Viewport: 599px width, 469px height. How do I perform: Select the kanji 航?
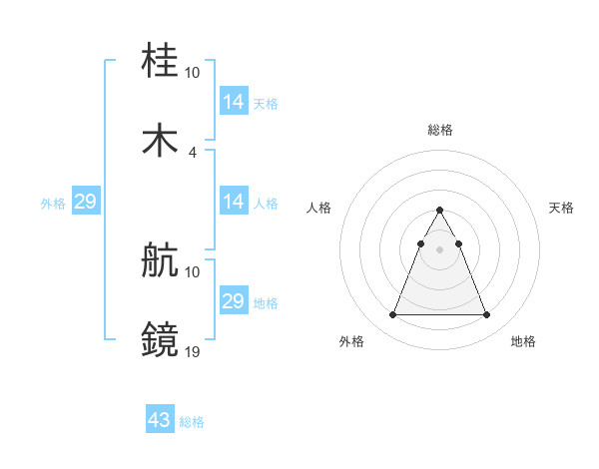click(160, 260)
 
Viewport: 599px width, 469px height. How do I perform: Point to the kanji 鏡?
click(160, 339)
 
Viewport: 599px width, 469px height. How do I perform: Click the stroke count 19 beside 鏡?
click(193, 351)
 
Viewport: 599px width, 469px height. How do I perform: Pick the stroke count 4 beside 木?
click(193, 152)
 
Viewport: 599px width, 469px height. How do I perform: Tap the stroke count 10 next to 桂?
click(193, 73)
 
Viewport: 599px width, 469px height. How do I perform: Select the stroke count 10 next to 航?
click(193, 272)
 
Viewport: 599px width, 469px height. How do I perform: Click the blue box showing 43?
click(160, 420)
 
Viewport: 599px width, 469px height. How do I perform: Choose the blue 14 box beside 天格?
click(234, 102)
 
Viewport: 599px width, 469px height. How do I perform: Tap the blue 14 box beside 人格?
click(234, 202)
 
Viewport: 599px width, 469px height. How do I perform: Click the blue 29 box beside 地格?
click(234, 301)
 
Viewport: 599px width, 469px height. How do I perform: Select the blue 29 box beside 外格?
click(85, 202)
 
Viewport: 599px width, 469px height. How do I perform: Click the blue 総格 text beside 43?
click(192, 422)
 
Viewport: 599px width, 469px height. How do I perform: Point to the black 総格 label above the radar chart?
click(439, 130)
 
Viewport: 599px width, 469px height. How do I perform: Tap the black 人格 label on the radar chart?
click(319, 208)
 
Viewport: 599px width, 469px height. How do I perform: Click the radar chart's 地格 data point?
click(486, 315)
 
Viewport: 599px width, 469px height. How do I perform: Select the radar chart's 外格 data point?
click(392, 315)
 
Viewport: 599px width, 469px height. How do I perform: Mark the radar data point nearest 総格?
click(439, 210)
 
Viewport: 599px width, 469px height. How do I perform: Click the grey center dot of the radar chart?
click(439, 249)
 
